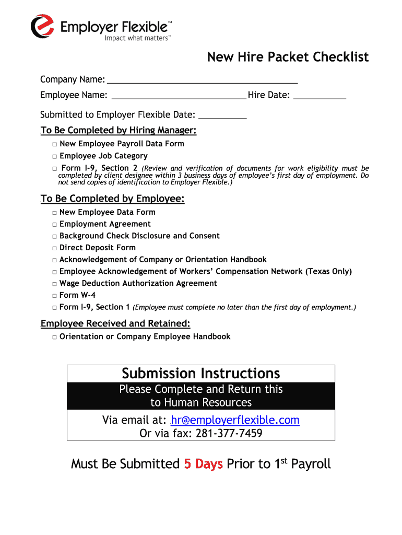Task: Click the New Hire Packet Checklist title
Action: pyautogui.click(x=288, y=57)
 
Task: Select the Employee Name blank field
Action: pyautogui.click(x=179, y=97)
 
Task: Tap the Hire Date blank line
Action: pyautogui.click(x=320, y=97)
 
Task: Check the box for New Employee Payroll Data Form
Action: pyautogui.click(x=54, y=144)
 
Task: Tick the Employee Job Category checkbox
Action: pyautogui.click(x=54, y=156)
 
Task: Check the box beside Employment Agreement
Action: pyautogui.click(x=54, y=225)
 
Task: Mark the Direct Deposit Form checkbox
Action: pyautogui.click(x=54, y=248)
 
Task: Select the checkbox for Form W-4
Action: pyautogui.click(x=54, y=296)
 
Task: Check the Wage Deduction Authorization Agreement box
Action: pyautogui.click(x=54, y=284)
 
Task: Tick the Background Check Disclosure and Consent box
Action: pyautogui.click(x=54, y=236)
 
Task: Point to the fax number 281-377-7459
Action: pyautogui.click(x=230, y=434)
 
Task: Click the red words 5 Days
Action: pyautogui.click(x=203, y=464)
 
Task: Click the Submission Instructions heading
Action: pyautogui.click(x=201, y=374)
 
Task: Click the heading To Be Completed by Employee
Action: pyautogui.click(x=112, y=199)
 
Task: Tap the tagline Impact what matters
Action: pyautogui.click(x=137, y=38)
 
